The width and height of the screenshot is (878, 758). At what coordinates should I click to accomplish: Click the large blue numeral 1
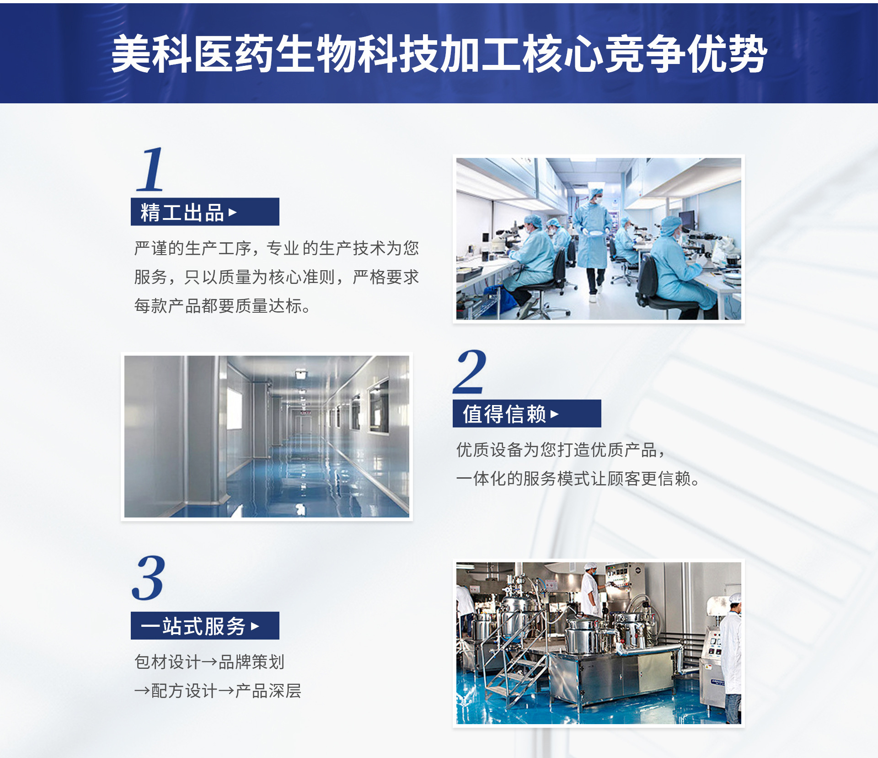pos(150,169)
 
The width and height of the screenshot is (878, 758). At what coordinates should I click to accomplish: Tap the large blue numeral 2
pos(469,371)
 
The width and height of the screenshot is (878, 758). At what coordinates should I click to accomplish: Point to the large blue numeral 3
pos(148,578)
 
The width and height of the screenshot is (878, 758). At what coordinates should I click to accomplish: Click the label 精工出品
pos(182,213)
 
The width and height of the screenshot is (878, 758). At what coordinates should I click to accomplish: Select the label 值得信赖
pos(504,414)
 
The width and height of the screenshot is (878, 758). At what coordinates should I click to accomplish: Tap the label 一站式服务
pos(193,626)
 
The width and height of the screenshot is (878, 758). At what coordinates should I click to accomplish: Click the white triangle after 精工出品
pos(233,212)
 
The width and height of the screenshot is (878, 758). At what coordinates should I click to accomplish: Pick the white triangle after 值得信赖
pos(555,414)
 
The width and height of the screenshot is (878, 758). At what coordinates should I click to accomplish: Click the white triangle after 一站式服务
pos(255,626)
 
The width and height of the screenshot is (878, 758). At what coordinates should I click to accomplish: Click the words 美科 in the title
pos(151,54)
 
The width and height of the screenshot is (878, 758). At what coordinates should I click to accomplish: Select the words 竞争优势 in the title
pos(686,54)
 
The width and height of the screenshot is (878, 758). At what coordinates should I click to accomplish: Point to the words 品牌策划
pos(252,662)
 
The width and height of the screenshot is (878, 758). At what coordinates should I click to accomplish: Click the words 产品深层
pos(268,691)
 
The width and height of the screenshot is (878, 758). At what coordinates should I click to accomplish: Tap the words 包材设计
pos(167,662)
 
